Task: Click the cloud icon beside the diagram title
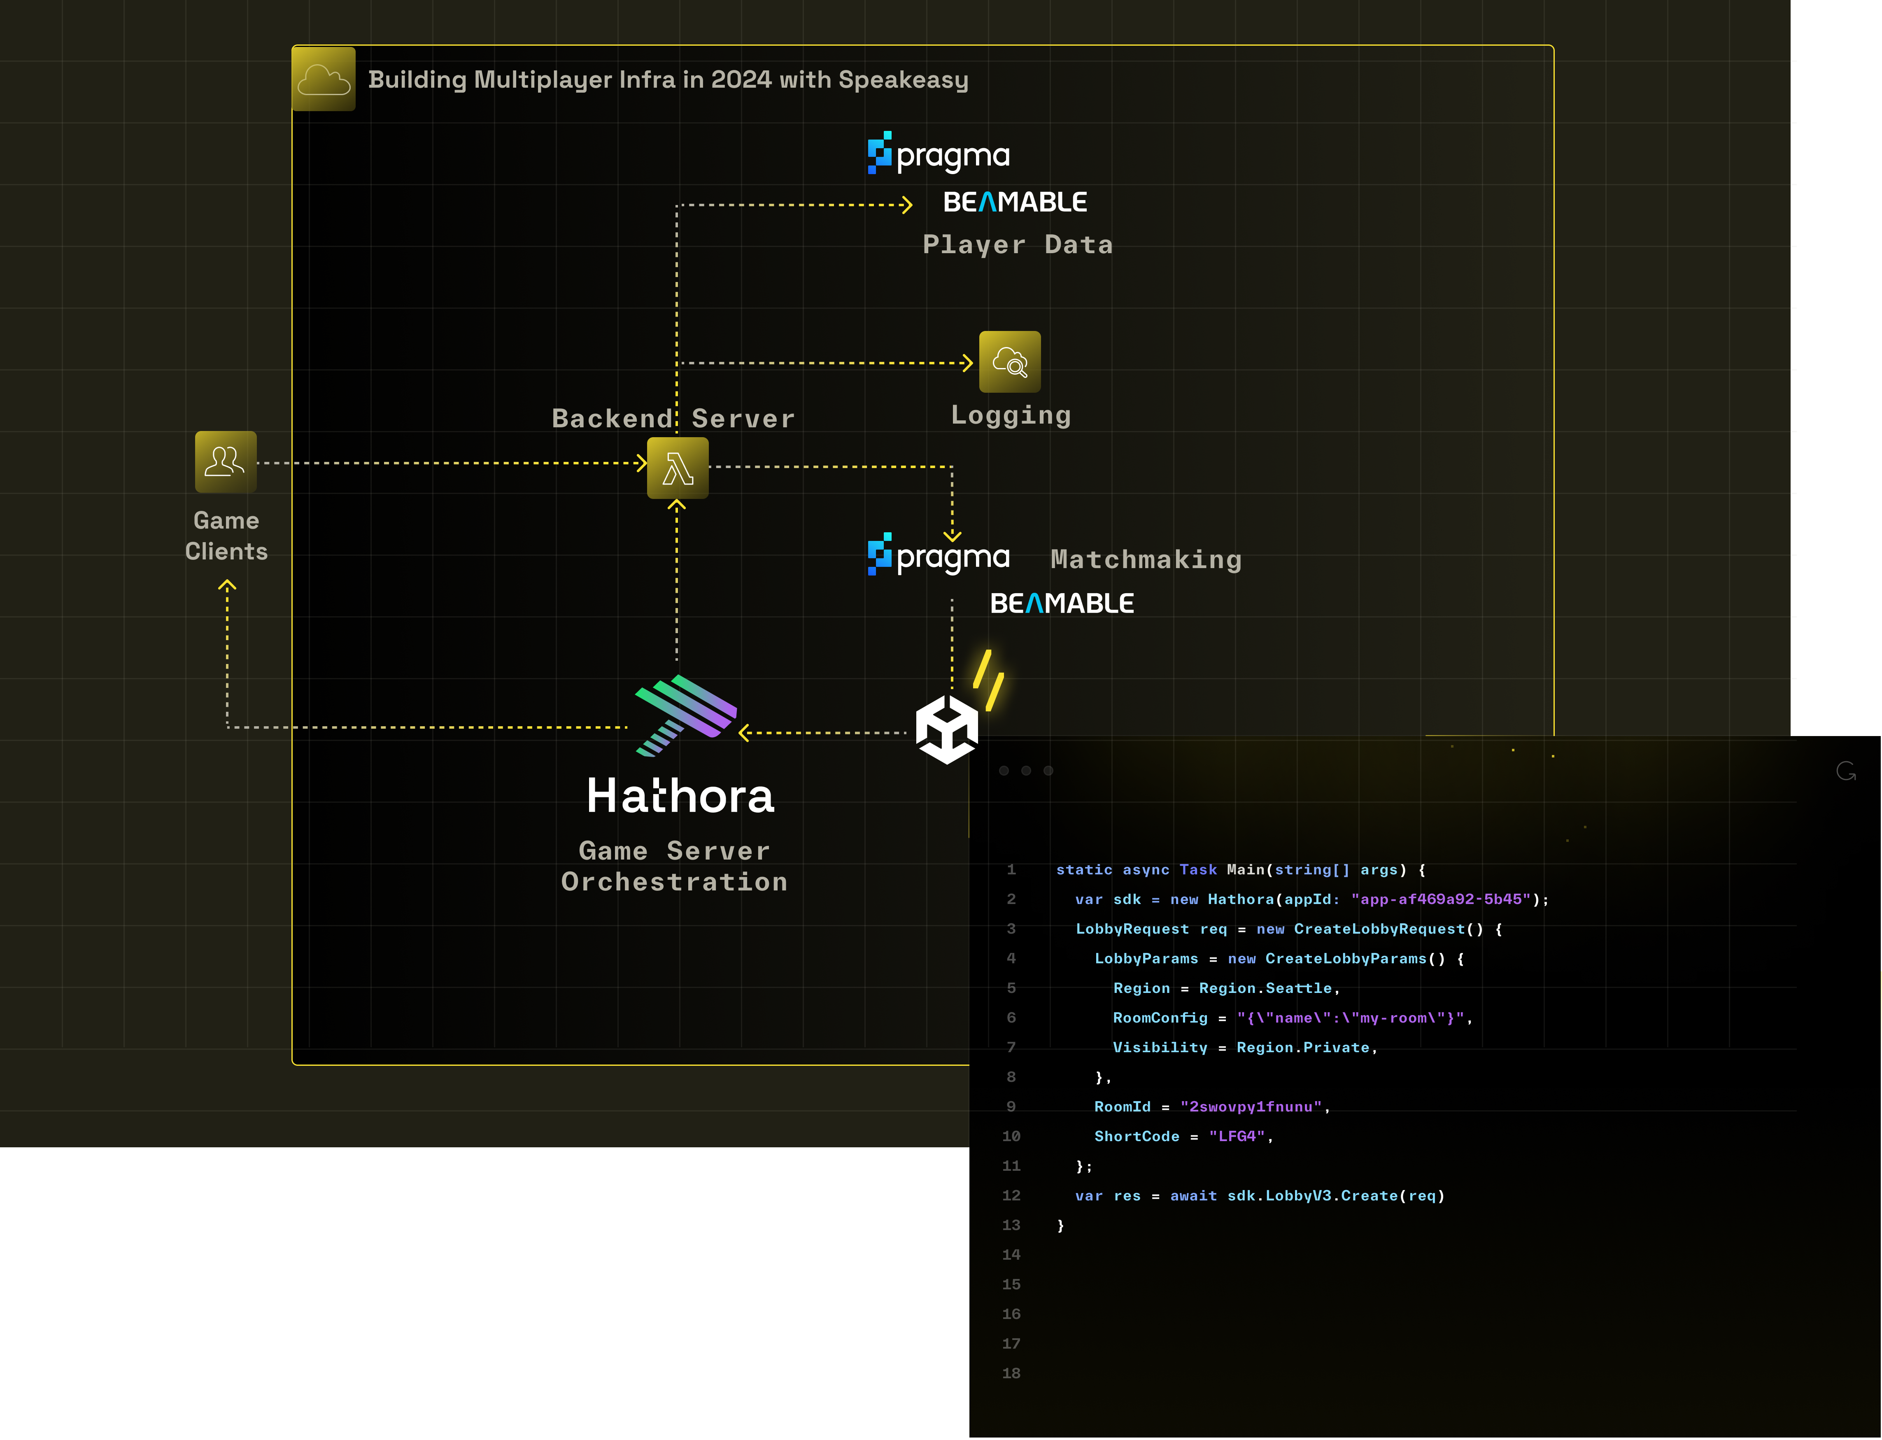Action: click(323, 79)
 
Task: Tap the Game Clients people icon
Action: click(226, 462)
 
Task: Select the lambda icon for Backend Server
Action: click(677, 468)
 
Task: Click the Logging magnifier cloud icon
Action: click(1010, 362)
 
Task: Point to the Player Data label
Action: click(1017, 245)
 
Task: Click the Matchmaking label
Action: click(1146, 560)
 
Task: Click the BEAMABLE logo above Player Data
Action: click(1015, 202)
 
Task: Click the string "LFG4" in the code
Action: click(1237, 1137)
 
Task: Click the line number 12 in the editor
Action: click(1011, 1196)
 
